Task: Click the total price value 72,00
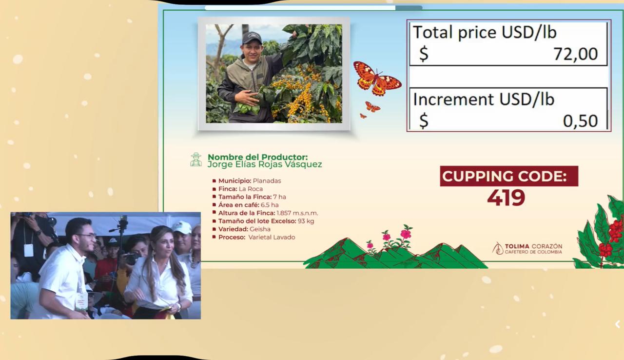pyautogui.click(x=576, y=54)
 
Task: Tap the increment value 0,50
pyautogui.click(x=580, y=121)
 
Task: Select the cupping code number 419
pyautogui.click(x=506, y=198)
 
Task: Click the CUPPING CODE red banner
pyautogui.click(x=509, y=176)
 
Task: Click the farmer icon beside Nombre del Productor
pyautogui.click(x=196, y=160)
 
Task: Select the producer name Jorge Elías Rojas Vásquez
pyautogui.click(x=265, y=164)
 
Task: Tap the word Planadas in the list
pyautogui.click(x=267, y=181)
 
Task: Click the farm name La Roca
pyautogui.click(x=251, y=189)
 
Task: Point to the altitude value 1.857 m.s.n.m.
pyautogui.click(x=297, y=213)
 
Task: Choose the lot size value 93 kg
pyautogui.click(x=306, y=221)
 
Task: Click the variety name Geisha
pyautogui.click(x=260, y=229)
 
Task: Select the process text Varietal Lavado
pyautogui.click(x=272, y=238)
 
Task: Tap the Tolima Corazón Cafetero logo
pyautogui.click(x=527, y=249)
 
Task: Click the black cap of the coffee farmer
pyautogui.click(x=252, y=38)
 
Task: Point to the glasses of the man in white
pyautogui.click(x=86, y=236)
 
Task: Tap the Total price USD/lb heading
pyautogui.click(x=485, y=32)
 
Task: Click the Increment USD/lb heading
pyautogui.click(x=484, y=99)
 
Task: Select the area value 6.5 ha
pyautogui.click(x=270, y=205)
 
